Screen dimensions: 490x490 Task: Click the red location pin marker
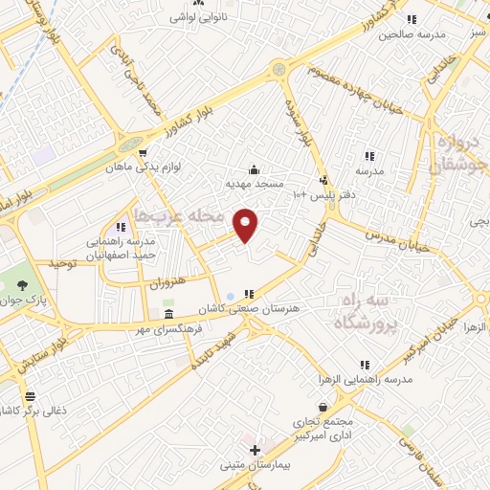(x=246, y=224)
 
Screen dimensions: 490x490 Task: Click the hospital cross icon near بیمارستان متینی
(x=254, y=450)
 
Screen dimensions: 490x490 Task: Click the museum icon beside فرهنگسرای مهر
(x=168, y=314)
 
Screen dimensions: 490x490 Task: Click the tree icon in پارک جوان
(x=22, y=284)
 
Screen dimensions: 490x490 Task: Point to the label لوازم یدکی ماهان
(x=144, y=167)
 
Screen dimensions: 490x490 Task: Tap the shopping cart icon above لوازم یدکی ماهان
(x=143, y=152)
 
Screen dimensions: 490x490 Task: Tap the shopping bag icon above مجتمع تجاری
(x=324, y=407)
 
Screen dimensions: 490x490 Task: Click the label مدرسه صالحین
(x=412, y=34)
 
